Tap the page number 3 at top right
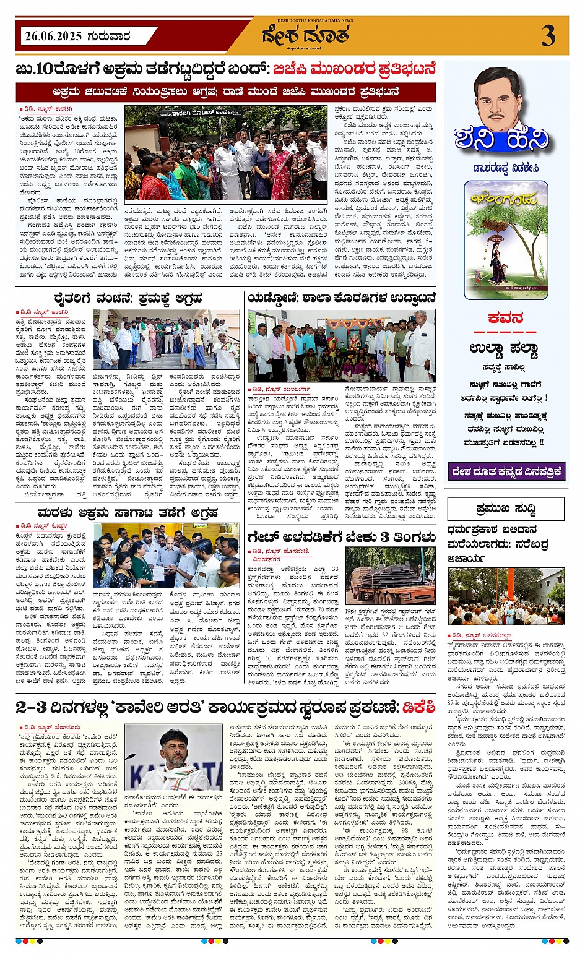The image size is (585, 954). point(548,36)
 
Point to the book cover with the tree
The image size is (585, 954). point(506,239)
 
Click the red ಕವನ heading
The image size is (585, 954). point(506,318)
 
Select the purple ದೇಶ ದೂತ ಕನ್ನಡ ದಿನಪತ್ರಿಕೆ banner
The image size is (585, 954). point(506,471)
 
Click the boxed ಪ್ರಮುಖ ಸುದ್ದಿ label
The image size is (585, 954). point(506,509)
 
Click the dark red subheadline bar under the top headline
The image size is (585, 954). point(226,92)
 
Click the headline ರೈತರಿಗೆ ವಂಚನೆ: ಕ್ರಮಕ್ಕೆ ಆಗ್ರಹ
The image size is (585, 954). point(128,298)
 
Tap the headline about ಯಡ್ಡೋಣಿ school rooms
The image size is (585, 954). point(342,298)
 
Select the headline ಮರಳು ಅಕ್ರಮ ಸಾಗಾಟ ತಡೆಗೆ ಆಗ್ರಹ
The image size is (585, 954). point(128,512)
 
